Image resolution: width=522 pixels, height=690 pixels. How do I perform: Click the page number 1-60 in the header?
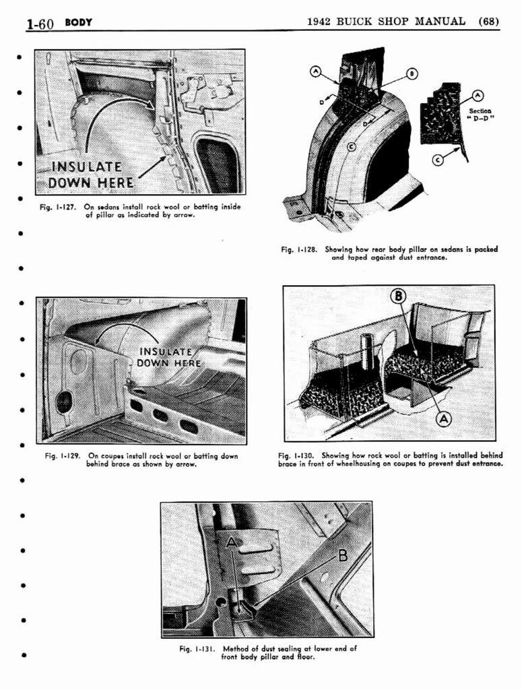click(x=40, y=24)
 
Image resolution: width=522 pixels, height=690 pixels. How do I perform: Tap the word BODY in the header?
click(x=78, y=22)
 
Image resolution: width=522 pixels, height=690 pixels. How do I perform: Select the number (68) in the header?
click(x=488, y=22)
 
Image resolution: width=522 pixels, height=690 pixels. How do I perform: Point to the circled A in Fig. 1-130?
click(x=443, y=418)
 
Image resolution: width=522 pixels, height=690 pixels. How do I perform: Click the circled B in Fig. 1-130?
click(x=399, y=296)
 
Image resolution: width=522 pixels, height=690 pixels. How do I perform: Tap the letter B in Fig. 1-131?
click(x=342, y=556)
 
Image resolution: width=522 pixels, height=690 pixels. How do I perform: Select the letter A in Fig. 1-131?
click(x=232, y=542)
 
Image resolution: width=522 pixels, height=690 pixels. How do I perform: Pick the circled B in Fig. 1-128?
click(x=412, y=74)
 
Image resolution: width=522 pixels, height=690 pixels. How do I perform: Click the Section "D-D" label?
click(x=480, y=115)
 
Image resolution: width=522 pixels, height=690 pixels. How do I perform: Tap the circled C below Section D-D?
click(x=438, y=160)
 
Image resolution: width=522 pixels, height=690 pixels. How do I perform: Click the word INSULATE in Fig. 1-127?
click(x=87, y=167)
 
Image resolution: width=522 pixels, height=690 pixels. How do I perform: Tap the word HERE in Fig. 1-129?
click(x=187, y=363)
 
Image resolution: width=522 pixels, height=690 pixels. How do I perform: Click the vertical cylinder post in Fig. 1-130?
click(x=366, y=352)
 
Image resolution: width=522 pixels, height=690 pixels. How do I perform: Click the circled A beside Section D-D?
click(x=478, y=96)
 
